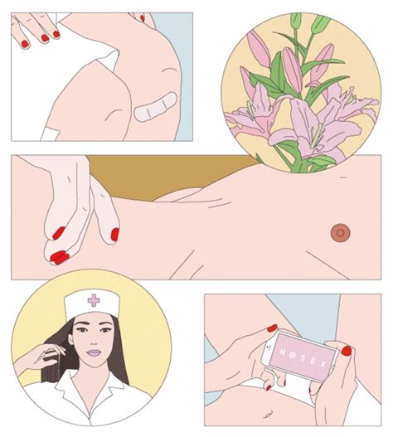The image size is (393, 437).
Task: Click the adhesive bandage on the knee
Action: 155,106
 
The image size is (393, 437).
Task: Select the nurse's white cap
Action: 95,304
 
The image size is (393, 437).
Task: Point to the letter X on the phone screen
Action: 326,360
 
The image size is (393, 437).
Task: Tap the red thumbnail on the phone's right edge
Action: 346,351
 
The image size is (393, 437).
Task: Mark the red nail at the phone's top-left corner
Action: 271,329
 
